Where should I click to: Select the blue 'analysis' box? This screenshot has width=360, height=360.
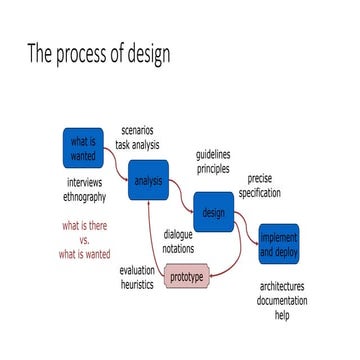[147, 180]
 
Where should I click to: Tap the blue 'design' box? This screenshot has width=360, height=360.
[213, 212]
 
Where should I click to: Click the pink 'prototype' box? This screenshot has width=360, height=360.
[186, 276]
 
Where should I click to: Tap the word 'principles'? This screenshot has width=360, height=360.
[213, 169]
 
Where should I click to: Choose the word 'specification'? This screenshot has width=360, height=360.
[259, 192]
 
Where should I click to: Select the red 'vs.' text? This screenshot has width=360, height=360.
[85, 240]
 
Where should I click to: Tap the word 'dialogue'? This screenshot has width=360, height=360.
[179, 234]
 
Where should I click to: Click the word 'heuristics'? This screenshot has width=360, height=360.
[137, 284]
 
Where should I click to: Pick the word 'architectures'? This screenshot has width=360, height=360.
[281, 286]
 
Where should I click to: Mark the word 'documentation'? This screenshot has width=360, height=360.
[281, 300]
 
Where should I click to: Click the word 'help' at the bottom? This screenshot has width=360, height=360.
[282, 314]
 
